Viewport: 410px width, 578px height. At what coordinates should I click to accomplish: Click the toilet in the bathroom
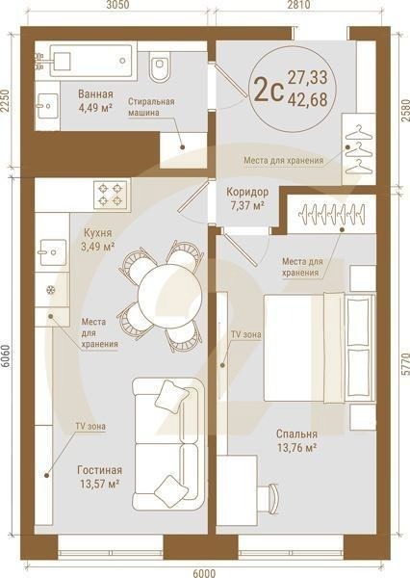point(160,66)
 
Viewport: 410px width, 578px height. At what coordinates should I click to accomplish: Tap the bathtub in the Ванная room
point(90,61)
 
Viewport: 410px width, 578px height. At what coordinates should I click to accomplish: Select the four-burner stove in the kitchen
point(111,196)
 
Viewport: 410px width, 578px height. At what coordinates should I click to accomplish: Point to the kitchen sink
point(53,252)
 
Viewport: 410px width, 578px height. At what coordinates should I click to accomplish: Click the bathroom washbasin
point(48,106)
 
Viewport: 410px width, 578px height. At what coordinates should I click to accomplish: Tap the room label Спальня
point(296,434)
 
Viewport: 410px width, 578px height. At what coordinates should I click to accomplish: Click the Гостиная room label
point(99,470)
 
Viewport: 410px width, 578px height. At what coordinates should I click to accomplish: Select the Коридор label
point(247,192)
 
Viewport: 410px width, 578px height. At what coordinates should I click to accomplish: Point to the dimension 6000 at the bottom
point(204,573)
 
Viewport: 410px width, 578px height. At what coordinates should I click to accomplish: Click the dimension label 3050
point(116,5)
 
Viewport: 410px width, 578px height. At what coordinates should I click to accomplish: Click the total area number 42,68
point(308,100)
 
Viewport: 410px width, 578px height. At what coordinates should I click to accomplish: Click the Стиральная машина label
point(151,107)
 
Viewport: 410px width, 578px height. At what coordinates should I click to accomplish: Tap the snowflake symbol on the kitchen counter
point(50,290)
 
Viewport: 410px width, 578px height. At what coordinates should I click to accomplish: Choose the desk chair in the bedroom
point(268,498)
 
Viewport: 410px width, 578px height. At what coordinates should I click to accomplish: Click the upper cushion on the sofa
point(171,396)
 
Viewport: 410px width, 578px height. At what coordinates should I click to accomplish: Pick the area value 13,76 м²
point(296,448)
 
